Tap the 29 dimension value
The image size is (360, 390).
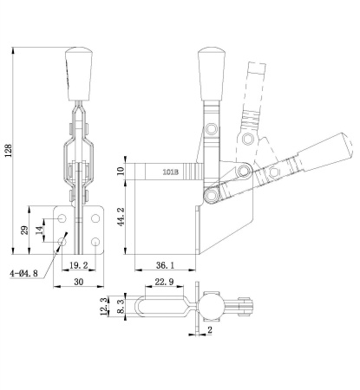click(x=26, y=230)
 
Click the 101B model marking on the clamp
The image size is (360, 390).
click(x=171, y=172)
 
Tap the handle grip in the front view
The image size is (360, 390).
click(x=77, y=74)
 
